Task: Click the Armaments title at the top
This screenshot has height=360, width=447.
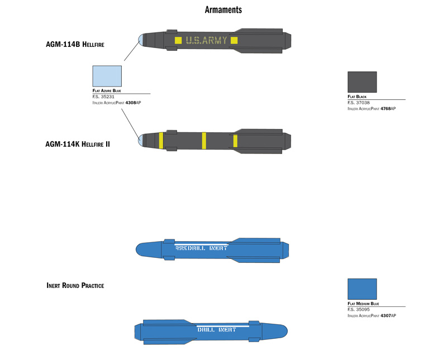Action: (223, 10)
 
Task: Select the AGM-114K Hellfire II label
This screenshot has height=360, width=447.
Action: (77, 144)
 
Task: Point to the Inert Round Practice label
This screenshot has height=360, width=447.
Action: (75, 285)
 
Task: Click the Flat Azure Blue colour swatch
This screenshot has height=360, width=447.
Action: (107, 75)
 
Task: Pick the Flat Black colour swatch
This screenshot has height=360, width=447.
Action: (362, 82)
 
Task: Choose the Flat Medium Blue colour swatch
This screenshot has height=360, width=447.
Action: (362, 289)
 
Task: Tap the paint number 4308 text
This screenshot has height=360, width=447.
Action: (130, 103)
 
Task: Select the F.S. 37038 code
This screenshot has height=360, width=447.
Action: (358, 103)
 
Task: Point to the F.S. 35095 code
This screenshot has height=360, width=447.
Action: (358, 309)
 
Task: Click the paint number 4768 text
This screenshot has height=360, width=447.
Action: (386, 108)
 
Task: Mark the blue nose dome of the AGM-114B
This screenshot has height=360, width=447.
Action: (141, 39)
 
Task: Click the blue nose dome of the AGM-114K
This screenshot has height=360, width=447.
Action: (141, 140)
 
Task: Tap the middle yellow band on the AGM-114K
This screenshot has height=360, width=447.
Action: (204, 140)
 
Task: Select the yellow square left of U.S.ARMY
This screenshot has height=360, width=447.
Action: (178, 40)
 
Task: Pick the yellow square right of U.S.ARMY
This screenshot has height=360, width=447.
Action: (234, 40)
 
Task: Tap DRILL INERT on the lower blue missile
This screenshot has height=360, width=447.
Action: (216, 329)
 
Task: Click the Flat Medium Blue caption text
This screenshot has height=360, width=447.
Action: (363, 304)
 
